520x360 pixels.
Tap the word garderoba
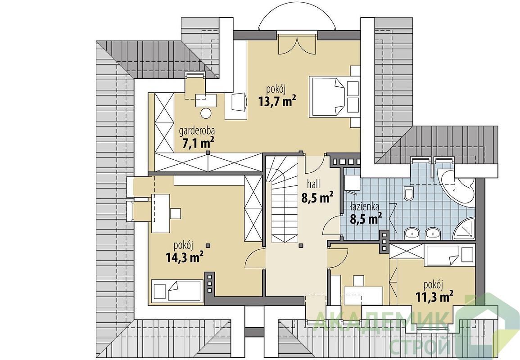pos(197,131)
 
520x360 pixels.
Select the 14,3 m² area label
pos(185,257)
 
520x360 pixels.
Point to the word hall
pos(313,184)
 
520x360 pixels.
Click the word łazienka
pos(365,207)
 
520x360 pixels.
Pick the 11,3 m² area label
pos(435,296)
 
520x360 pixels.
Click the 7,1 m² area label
pos(198,143)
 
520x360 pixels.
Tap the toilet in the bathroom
pos(409,193)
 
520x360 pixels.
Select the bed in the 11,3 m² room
pos(442,256)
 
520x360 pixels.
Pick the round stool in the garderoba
pos(206,113)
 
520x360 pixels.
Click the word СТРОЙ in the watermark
pos(420,346)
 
